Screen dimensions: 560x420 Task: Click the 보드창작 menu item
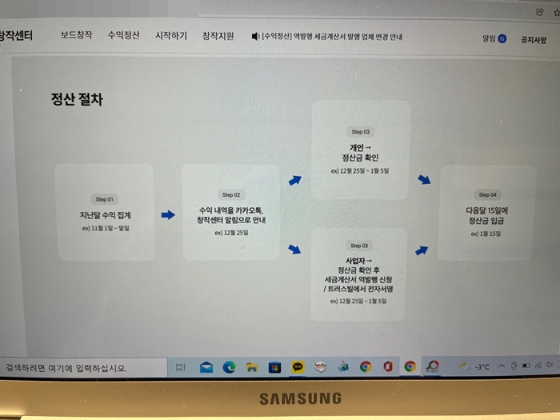(77, 36)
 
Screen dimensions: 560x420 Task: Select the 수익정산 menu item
(124, 36)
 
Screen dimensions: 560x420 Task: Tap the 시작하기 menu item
(171, 36)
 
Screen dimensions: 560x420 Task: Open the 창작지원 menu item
(218, 36)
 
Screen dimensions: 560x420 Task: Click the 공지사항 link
(534, 38)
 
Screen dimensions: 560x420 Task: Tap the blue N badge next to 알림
(502, 38)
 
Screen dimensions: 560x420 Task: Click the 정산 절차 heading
(77, 101)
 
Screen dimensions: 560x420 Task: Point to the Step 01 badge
(106, 198)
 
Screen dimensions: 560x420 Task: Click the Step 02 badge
(232, 194)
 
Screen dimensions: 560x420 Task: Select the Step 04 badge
(488, 194)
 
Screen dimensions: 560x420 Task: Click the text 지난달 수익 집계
(106, 215)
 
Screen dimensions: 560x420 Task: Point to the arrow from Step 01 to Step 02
(168, 214)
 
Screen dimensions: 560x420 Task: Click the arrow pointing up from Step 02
(295, 181)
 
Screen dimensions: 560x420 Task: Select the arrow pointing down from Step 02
(295, 249)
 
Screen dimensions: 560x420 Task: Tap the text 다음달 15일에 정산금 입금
(488, 215)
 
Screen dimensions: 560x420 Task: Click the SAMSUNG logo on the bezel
(300, 398)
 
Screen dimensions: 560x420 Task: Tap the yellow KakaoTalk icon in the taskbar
(298, 367)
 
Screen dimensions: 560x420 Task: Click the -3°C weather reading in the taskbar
(482, 367)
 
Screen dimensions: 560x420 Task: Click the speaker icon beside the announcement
(256, 37)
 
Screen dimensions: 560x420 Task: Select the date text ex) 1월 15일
(488, 234)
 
